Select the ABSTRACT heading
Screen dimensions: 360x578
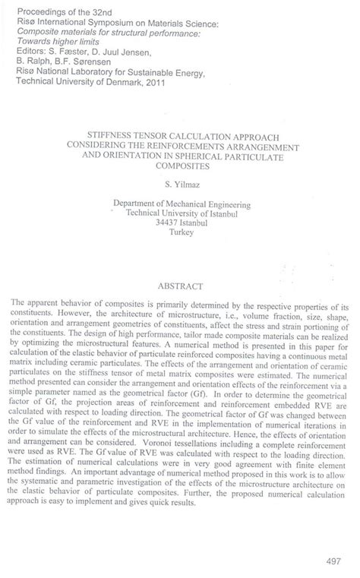(178, 286)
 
